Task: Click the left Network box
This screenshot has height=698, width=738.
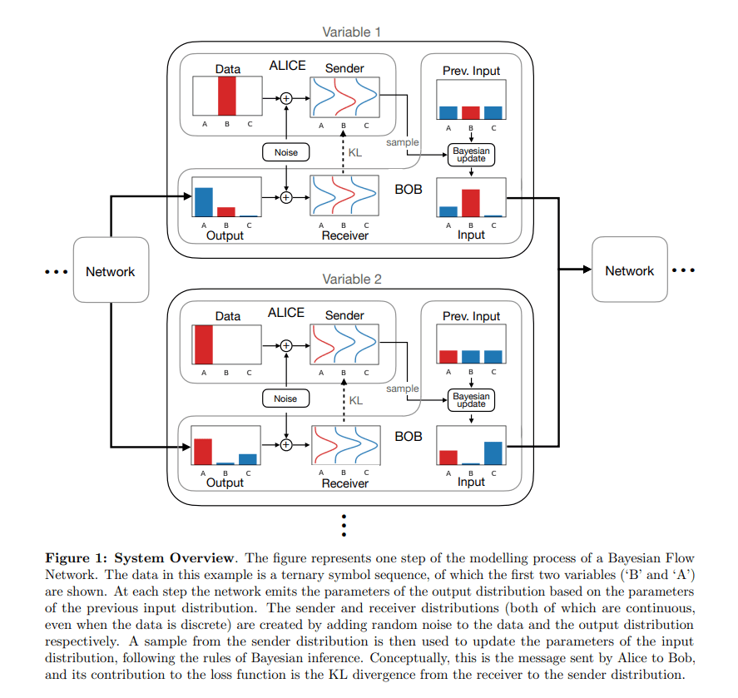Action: point(111,271)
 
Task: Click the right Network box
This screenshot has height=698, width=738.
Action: point(629,271)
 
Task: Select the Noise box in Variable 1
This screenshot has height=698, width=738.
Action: point(285,152)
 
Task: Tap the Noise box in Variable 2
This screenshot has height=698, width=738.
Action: point(285,399)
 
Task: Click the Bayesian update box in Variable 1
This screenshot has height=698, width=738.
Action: point(471,155)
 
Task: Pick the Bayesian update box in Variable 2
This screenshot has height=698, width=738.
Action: point(471,400)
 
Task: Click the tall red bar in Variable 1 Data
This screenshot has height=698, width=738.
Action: point(227,97)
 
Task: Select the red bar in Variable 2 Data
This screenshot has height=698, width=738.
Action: point(203,343)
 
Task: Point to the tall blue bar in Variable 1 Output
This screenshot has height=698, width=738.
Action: point(204,202)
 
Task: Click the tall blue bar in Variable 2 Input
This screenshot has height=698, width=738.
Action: point(493,453)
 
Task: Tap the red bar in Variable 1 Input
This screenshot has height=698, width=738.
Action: point(471,203)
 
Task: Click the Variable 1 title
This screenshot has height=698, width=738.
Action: point(351,32)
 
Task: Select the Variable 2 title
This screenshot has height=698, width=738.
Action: point(351,280)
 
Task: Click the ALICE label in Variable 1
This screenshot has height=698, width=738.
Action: point(287,66)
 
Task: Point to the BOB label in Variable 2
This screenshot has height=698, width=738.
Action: point(408,436)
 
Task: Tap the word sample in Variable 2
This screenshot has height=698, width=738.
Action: point(403,389)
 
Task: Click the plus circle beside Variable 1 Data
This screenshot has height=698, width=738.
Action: point(286,97)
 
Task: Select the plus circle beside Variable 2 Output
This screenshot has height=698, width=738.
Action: point(286,444)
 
